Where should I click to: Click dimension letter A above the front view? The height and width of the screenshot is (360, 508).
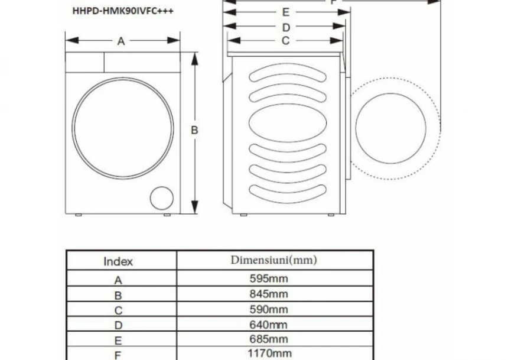(121, 41)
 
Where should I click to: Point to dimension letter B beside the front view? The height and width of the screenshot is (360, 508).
(194, 130)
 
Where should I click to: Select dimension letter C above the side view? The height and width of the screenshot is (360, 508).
(285, 41)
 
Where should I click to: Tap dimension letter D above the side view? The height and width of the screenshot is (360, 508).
(285, 27)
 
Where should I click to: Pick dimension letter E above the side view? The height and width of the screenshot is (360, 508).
(285, 12)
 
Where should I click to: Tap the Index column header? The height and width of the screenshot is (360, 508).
(119, 261)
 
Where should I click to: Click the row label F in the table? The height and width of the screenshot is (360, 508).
(118, 354)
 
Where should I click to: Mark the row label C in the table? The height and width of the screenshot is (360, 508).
(118, 310)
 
